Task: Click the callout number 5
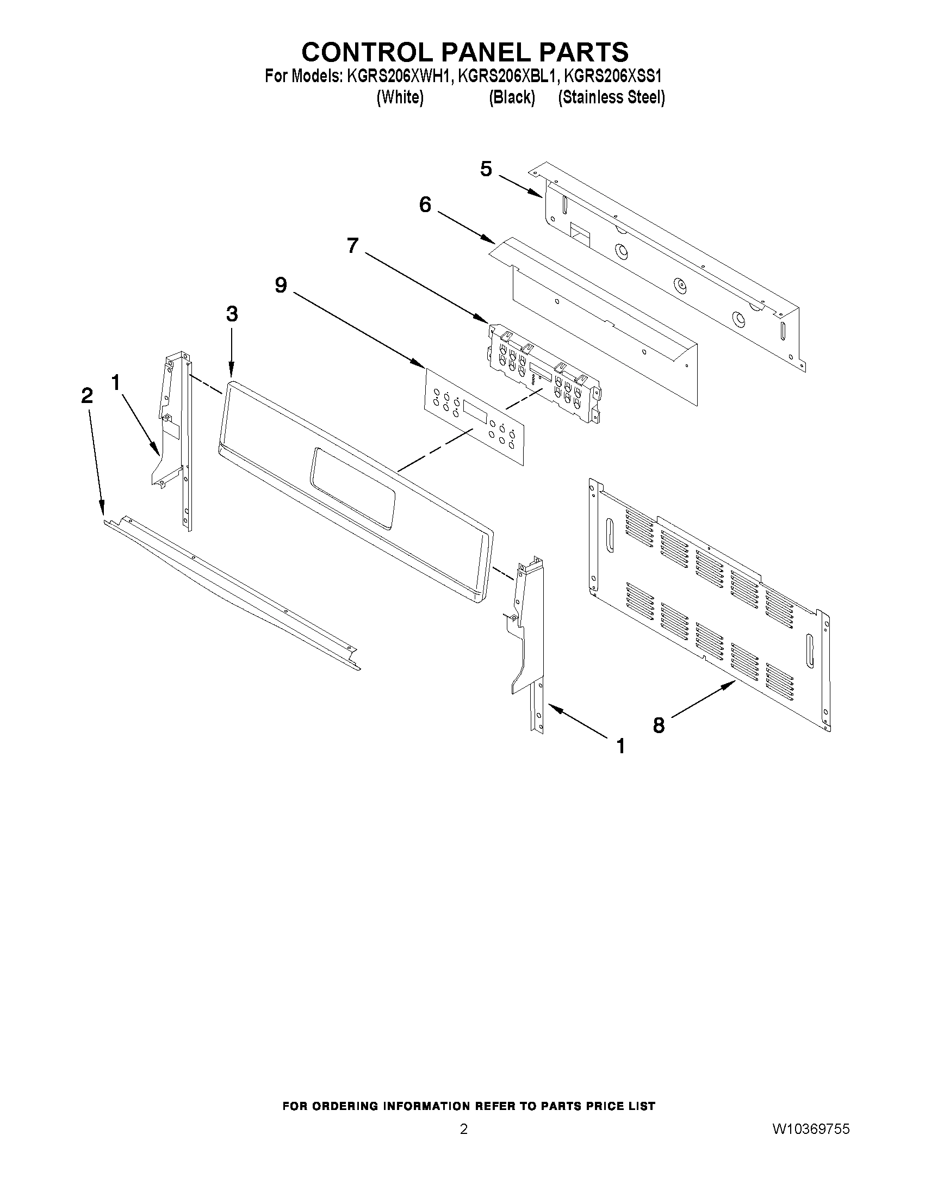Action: click(486, 169)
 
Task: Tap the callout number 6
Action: click(425, 205)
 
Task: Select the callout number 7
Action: click(353, 245)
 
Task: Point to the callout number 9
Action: click(281, 285)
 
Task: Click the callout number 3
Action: click(232, 314)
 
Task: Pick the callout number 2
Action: click(87, 396)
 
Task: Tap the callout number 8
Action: click(659, 725)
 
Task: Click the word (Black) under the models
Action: click(512, 97)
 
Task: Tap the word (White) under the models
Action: click(400, 97)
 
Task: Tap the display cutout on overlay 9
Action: click(475, 411)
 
